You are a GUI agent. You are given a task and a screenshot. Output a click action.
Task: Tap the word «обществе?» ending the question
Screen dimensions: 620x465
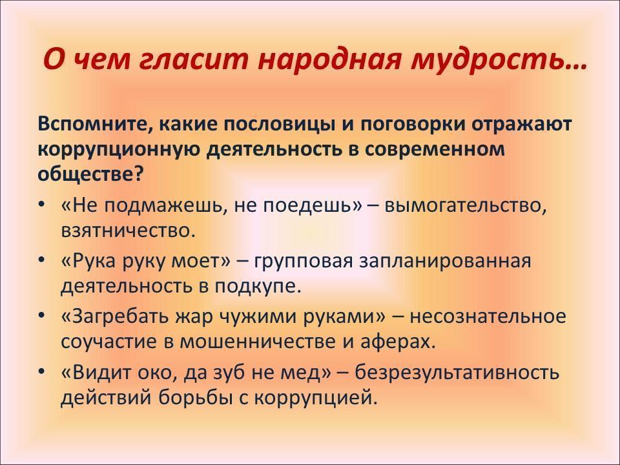90,173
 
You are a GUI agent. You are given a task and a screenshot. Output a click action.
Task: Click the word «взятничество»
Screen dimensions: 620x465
128,231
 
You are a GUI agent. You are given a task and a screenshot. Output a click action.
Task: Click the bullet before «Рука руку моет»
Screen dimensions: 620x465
41,260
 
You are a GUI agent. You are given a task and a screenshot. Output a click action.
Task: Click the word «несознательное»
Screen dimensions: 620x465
488,316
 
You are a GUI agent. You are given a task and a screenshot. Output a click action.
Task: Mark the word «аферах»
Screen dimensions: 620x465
398,342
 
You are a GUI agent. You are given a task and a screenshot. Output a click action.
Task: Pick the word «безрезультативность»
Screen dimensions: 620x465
457,373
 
